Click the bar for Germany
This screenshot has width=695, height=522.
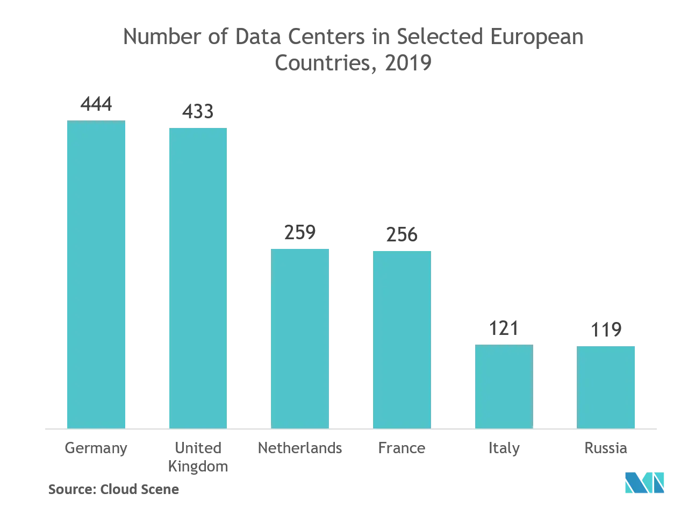pyautogui.click(x=96, y=274)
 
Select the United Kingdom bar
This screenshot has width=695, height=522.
pyautogui.click(x=198, y=277)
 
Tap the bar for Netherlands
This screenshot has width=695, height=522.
pyautogui.click(x=300, y=337)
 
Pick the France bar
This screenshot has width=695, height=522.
pyautogui.click(x=402, y=339)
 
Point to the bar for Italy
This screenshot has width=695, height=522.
pyautogui.click(x=503, y=386)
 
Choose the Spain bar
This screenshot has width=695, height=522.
pyautogui.click(x=606, y=386)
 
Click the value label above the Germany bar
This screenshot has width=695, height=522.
pyautogui.click(x=96, y=104)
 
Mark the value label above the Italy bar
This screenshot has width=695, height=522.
pyautogui.click(x=503, y=328)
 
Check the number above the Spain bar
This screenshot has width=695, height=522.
pyautogui.click(x=606, y=329)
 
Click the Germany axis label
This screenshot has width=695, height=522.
pyautogui.click(x=96, y=448)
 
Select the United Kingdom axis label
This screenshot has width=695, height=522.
pyautogui.click(x=198, y=456)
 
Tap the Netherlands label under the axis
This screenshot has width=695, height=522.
pyautogui.click(x=300, y=448)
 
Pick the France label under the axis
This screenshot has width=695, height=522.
pyautogui.click(x=402, y=448)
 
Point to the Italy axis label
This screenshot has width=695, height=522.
pyautogui.click(x=503, y=448)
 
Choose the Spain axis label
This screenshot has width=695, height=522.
pyautogui.click(x=606, y=448)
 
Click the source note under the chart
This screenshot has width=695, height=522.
pyautogui.click(x=113, y=489)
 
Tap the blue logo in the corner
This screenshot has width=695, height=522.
pyautogui.click(x=644, y=482)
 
